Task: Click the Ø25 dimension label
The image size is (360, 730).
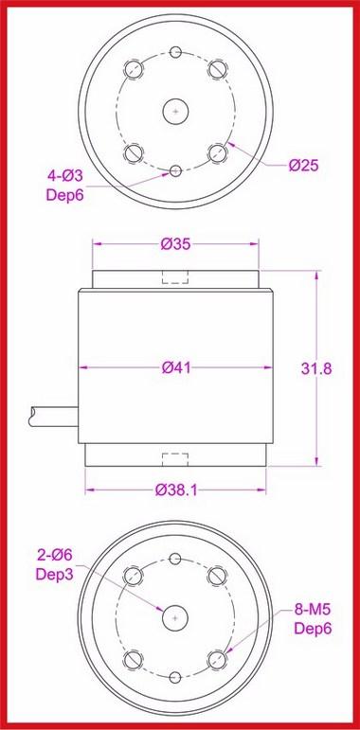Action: (303, 166)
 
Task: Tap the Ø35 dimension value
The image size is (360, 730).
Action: (176, 244)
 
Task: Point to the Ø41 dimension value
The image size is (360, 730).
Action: (176, 367)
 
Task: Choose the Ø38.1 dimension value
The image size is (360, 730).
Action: (176, 492)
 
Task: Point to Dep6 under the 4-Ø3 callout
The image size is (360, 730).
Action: (64, 194)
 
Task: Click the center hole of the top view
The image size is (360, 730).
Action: (176, 110)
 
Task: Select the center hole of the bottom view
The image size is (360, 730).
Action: (176, 616)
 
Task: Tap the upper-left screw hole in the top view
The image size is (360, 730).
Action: (135, 69)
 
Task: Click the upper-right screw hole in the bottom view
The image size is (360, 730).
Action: (218, 575)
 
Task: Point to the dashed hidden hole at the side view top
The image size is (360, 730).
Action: (176, 277)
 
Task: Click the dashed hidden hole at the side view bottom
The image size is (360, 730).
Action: (176, 460)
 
